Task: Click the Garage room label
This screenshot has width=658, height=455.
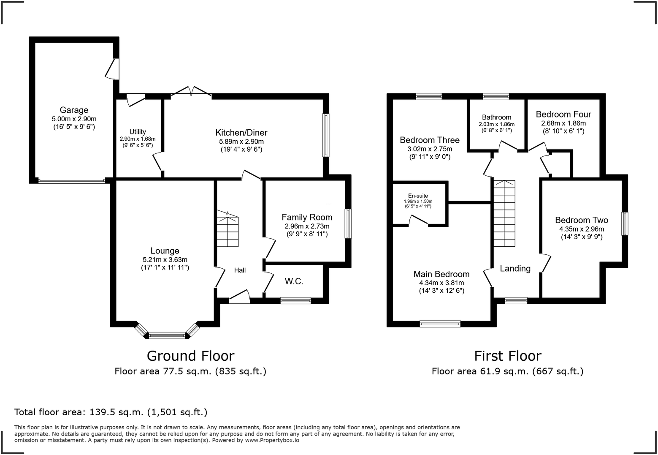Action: (x=74, y=110)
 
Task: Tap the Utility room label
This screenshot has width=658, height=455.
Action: (x=138, y=132)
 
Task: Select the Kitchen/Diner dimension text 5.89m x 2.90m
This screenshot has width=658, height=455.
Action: (x=241, y=142)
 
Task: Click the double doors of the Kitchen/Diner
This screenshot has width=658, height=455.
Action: (x=191, y=92)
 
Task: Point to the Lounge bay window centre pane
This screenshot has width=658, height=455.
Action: (x=167, y=335)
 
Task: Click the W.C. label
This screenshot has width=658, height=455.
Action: (x=294, y=281)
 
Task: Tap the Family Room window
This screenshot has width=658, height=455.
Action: (x=348, y=224)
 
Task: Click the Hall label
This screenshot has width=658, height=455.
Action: (x=240, y=270)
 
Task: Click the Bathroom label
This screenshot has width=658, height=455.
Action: (x=496, y=117)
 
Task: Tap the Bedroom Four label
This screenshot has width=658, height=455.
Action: (x=563, y=114)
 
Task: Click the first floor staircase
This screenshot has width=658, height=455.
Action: (x=504, y=213)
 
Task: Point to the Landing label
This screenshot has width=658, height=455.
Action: (x=515, y=268)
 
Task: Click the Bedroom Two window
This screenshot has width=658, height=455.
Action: (x=625, y=223)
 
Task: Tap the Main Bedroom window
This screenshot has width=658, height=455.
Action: (x=440, y=324)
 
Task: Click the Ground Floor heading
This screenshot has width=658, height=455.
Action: (x=190, y=356)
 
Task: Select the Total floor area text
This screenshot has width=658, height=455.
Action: (x=111, y=412)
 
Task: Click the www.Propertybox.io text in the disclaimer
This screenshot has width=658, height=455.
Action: (x=272, y=440)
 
